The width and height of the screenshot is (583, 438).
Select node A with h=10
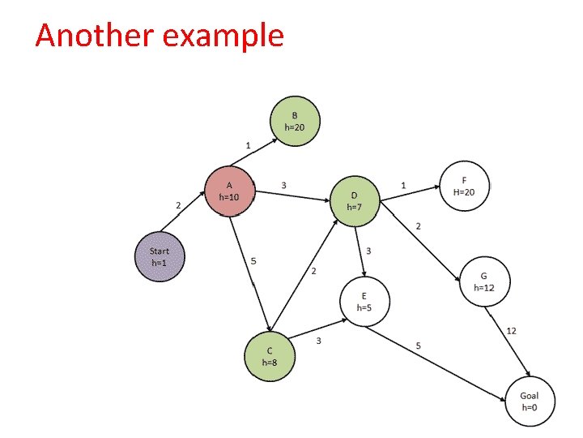click(x=230, y=191)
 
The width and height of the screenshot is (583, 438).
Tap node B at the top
click(x=294, y=121)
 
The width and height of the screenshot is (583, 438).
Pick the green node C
click(x=270, y=356)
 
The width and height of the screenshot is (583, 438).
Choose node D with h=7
click(x=355, y=201)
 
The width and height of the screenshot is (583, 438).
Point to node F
click(x=464, y=186)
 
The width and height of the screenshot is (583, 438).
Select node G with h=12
click(x=483, y=281)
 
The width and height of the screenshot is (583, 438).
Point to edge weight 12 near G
click(x=511, y=330)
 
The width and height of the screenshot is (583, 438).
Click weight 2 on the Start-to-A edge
click(x=178, y=205)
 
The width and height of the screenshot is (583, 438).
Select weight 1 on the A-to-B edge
click(x=248, y=144)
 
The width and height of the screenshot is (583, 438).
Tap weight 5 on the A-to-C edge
click(x=254, y=261)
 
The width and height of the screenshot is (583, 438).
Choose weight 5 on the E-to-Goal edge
click(x=418, y=346)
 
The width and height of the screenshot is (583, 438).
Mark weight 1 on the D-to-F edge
click(x=403, y=186)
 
